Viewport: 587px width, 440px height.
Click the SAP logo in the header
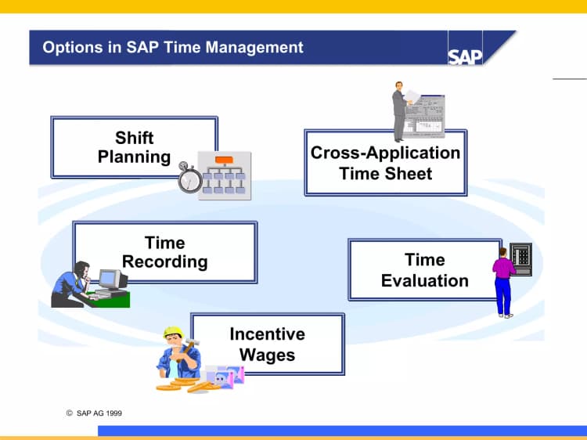coord(465,56)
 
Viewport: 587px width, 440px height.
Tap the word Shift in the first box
coord(135,138)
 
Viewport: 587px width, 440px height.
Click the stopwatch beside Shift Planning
coord(189,178)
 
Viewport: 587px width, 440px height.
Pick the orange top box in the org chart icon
coord(225,160)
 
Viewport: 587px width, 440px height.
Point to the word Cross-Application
coord(385,153)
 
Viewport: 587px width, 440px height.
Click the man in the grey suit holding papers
coord(400,110)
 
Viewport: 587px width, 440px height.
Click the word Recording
coord(165,261)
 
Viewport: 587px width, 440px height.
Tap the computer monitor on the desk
coord(111,279)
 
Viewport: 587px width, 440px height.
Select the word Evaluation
coord(425,280)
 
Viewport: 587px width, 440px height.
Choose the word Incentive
coord(267,334)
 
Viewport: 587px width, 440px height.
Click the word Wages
coord(267,355)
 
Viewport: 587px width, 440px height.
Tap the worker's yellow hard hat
coord(173,332)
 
